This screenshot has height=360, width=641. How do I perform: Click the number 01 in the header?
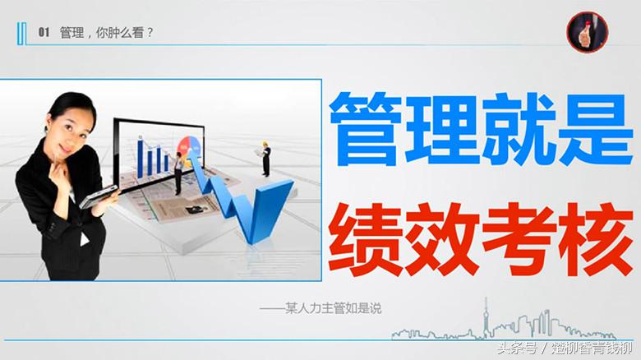pos(44,33)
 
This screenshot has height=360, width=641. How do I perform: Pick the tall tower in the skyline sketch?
pos(486,316)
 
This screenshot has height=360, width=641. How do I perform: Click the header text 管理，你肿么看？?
pos(107,33)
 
